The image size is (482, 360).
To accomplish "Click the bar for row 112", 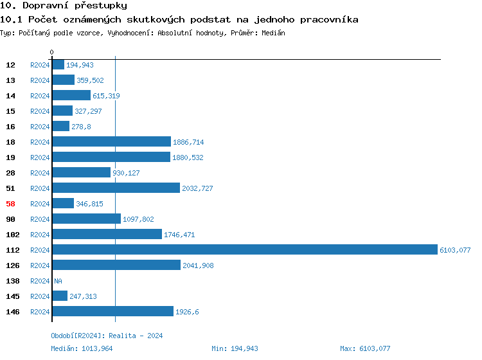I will coord(244,250).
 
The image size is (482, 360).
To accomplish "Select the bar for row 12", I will coord(58,65).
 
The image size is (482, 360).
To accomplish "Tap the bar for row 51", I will coord(116,188).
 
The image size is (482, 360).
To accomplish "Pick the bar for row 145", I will coord(60,296).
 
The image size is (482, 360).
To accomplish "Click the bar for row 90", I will coord(86,219).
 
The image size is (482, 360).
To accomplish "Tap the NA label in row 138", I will coord(58,281).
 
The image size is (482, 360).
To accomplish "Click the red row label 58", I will coord(10,204).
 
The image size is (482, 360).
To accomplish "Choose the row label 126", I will coord(13,265).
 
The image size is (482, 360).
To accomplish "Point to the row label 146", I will coord(13,312).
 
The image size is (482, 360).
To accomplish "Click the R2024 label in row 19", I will coord(40,157).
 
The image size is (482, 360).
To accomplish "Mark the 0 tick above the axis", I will coord(52,52).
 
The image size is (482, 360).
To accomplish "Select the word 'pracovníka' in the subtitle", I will coord(328,20).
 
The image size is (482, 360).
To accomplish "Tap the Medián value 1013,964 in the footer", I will coord(98,348).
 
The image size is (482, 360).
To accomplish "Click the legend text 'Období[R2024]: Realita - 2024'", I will coord(107,336).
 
